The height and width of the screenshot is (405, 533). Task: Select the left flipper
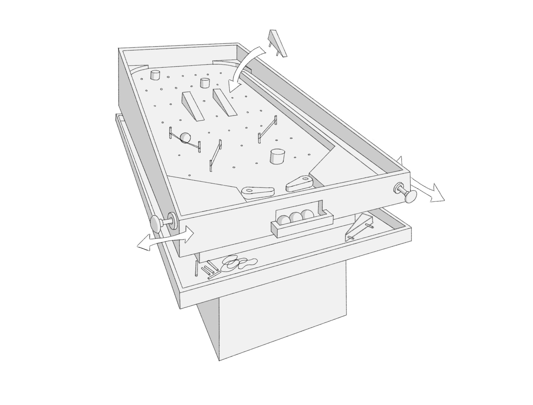258,192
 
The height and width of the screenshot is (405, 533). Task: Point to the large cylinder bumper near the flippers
277,156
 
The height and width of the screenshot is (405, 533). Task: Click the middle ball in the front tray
295,217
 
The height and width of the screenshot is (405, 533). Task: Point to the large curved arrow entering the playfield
245,68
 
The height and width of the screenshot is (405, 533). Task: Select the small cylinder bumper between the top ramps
205,83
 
